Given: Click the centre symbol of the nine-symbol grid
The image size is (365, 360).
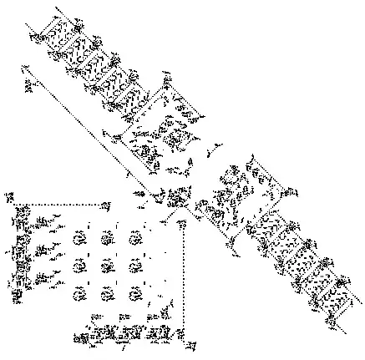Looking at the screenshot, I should point(106,266).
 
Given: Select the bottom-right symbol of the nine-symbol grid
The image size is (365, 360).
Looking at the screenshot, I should point(134,293).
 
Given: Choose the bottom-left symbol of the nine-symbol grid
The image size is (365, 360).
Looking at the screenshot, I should point(79,293).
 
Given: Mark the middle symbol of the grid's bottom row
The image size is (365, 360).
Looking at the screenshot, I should point(106,293).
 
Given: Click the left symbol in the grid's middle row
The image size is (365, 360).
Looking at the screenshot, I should point(79,266).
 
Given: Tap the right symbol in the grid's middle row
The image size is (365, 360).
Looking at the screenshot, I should point(134,266).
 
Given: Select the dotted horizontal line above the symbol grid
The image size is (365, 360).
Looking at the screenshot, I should point(63,204).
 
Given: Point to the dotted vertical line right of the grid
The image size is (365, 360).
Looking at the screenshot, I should point(183,276).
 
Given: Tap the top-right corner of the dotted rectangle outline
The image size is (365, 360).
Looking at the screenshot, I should point(109,204).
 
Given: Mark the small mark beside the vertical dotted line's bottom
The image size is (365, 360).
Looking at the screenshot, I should point(191,343).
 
